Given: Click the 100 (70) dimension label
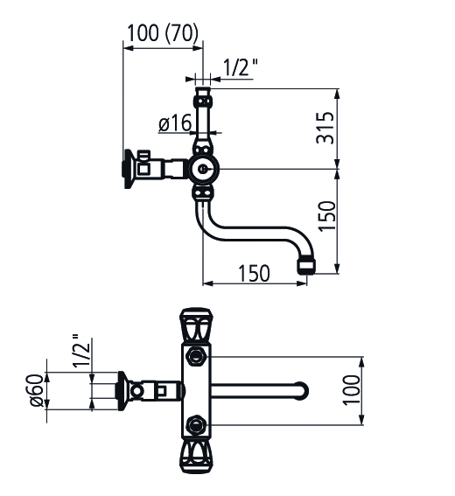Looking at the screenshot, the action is [163, 33].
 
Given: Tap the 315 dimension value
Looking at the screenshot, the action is [325, 128].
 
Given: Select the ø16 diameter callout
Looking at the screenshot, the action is [175, 122].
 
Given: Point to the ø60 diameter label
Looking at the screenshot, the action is [37, 390].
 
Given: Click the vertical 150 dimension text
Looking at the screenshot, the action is [326, 216].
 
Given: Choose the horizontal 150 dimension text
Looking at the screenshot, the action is [254, 273].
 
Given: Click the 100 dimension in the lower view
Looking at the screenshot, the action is [351, 390].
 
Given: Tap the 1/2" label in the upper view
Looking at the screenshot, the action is [241, 67].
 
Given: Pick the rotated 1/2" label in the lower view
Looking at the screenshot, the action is [81, 351].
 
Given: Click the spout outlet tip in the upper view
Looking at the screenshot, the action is [306, 266].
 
